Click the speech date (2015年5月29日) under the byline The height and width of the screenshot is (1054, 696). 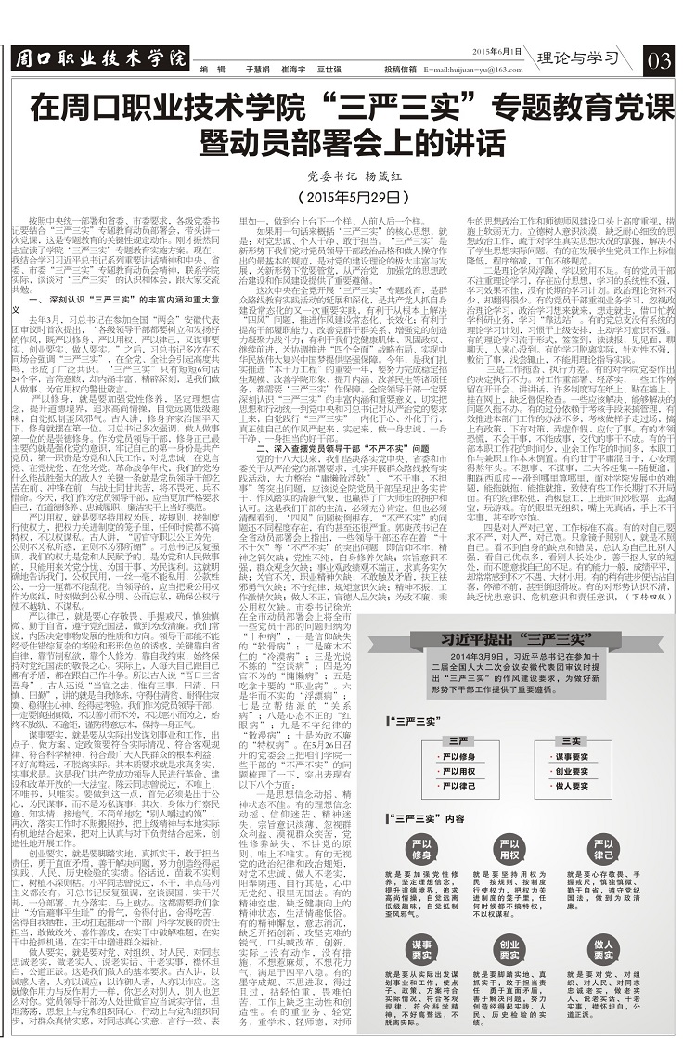click(x=346, y=199)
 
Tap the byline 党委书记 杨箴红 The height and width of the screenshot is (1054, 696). click(x=346, y=175)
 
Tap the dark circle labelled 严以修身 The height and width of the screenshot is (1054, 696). click(x=419, y=854)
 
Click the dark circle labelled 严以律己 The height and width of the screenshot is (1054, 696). click(x=605, y=854)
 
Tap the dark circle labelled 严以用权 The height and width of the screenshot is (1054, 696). click(x=512, y=854)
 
